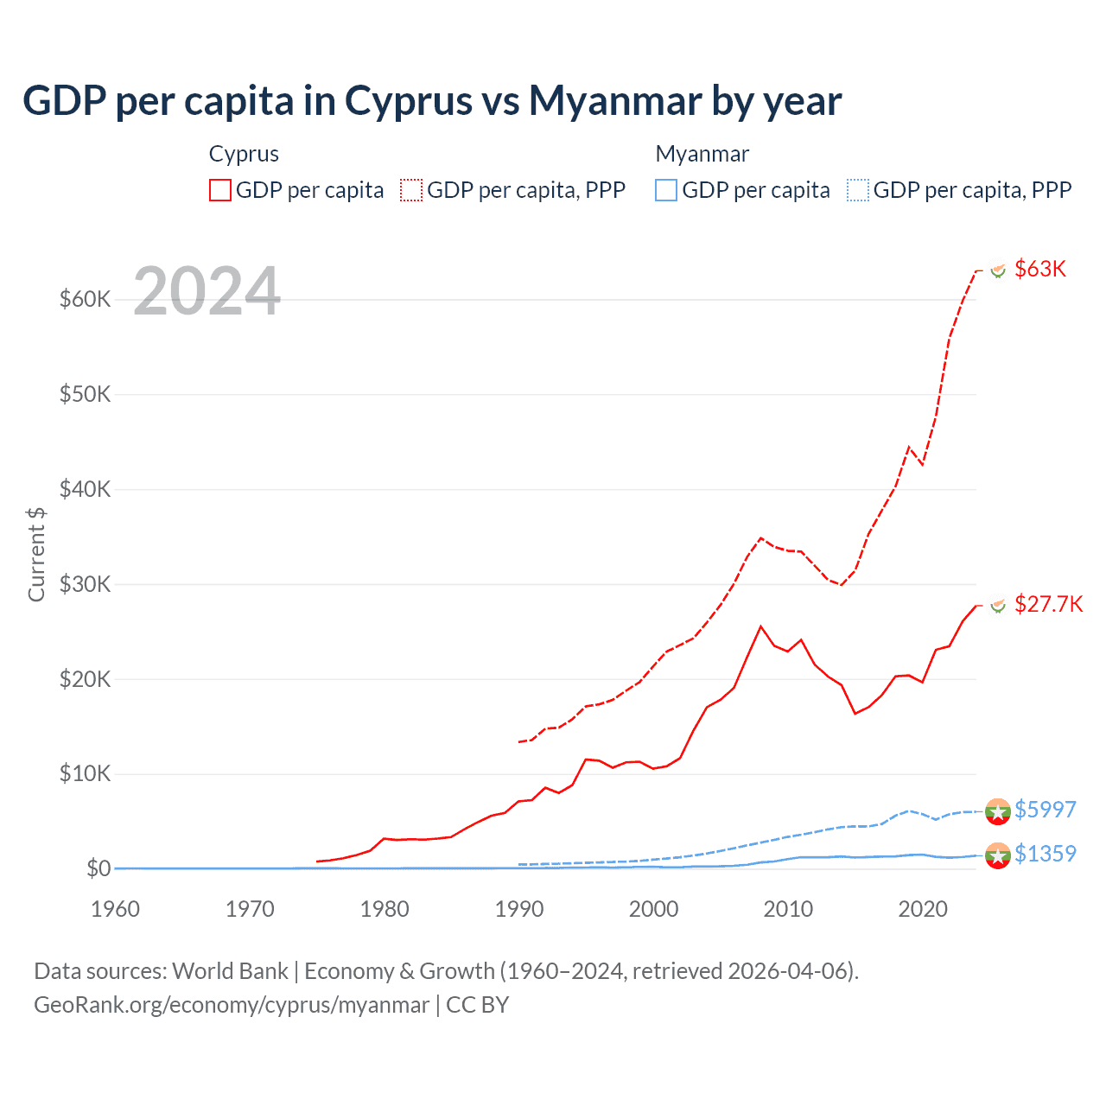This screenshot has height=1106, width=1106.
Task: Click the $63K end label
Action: [x=1040, y=269]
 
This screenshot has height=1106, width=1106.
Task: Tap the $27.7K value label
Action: [x=1048, y=604]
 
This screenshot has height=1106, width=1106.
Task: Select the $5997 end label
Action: [x=1045, y=810]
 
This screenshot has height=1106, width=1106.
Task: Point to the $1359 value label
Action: [x=1045, y=854]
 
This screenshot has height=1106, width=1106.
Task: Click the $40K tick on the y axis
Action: [x=85, y=489]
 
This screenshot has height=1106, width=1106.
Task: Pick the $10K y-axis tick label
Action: [x=85, y=773]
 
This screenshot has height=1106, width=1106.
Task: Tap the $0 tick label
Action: [x=98, y=868]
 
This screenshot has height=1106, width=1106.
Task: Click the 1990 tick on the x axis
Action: [x=519, y=909]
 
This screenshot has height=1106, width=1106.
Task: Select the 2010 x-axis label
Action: [x=788, y=909]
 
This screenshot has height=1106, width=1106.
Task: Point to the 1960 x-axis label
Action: [x=116, y=909]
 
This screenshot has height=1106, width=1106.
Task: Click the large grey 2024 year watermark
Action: [x=207, y=291]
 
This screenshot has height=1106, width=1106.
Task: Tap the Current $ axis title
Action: [x=36, y=554]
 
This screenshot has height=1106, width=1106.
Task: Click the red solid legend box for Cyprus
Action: [x=220, y=190]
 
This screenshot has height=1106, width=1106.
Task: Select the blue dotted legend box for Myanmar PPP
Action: [x=858, y=190]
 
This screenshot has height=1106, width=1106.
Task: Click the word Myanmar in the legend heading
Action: [x=702, y=154]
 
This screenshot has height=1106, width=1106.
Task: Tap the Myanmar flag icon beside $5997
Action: [x=997, y=811]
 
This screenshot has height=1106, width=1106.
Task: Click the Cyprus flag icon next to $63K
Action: [x=998, y=270]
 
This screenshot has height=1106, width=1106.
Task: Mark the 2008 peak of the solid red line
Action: [x=760, y=626]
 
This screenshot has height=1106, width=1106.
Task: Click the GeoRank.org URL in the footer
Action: [x=232, y=1005]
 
